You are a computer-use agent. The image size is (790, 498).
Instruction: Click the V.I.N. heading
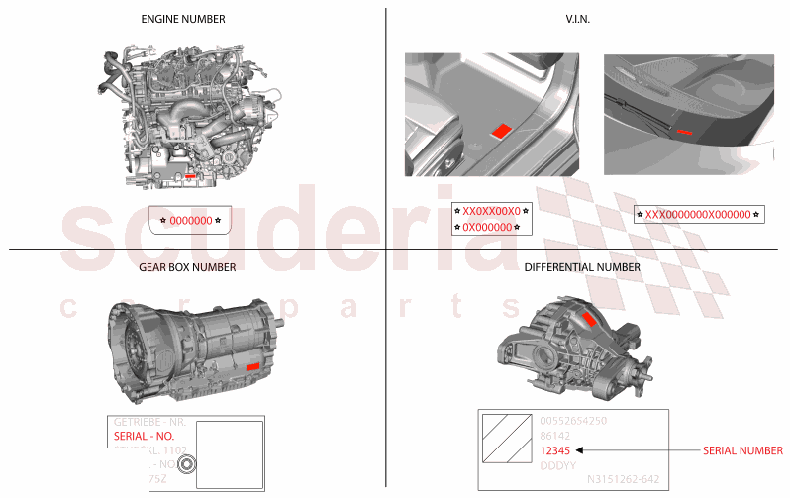coord(578,19)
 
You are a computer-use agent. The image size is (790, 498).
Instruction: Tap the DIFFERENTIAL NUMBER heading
coord(582,267)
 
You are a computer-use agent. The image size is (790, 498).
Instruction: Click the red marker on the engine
coord(190,177)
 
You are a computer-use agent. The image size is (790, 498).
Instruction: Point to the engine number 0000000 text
coord(190,220)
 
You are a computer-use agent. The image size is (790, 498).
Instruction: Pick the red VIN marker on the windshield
coord(685,130)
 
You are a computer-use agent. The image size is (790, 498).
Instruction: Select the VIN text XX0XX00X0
coord(491,211)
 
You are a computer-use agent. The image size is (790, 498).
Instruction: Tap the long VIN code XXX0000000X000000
coord(698,214)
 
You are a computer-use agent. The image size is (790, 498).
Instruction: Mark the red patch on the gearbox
coord(251,366)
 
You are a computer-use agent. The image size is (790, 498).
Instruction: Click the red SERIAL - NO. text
coord(144,436)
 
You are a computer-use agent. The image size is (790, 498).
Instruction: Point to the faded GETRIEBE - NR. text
coord(148,422)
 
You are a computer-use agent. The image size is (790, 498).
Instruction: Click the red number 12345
coord(555,450)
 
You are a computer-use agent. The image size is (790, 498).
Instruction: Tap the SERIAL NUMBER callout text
coord(742,450)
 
